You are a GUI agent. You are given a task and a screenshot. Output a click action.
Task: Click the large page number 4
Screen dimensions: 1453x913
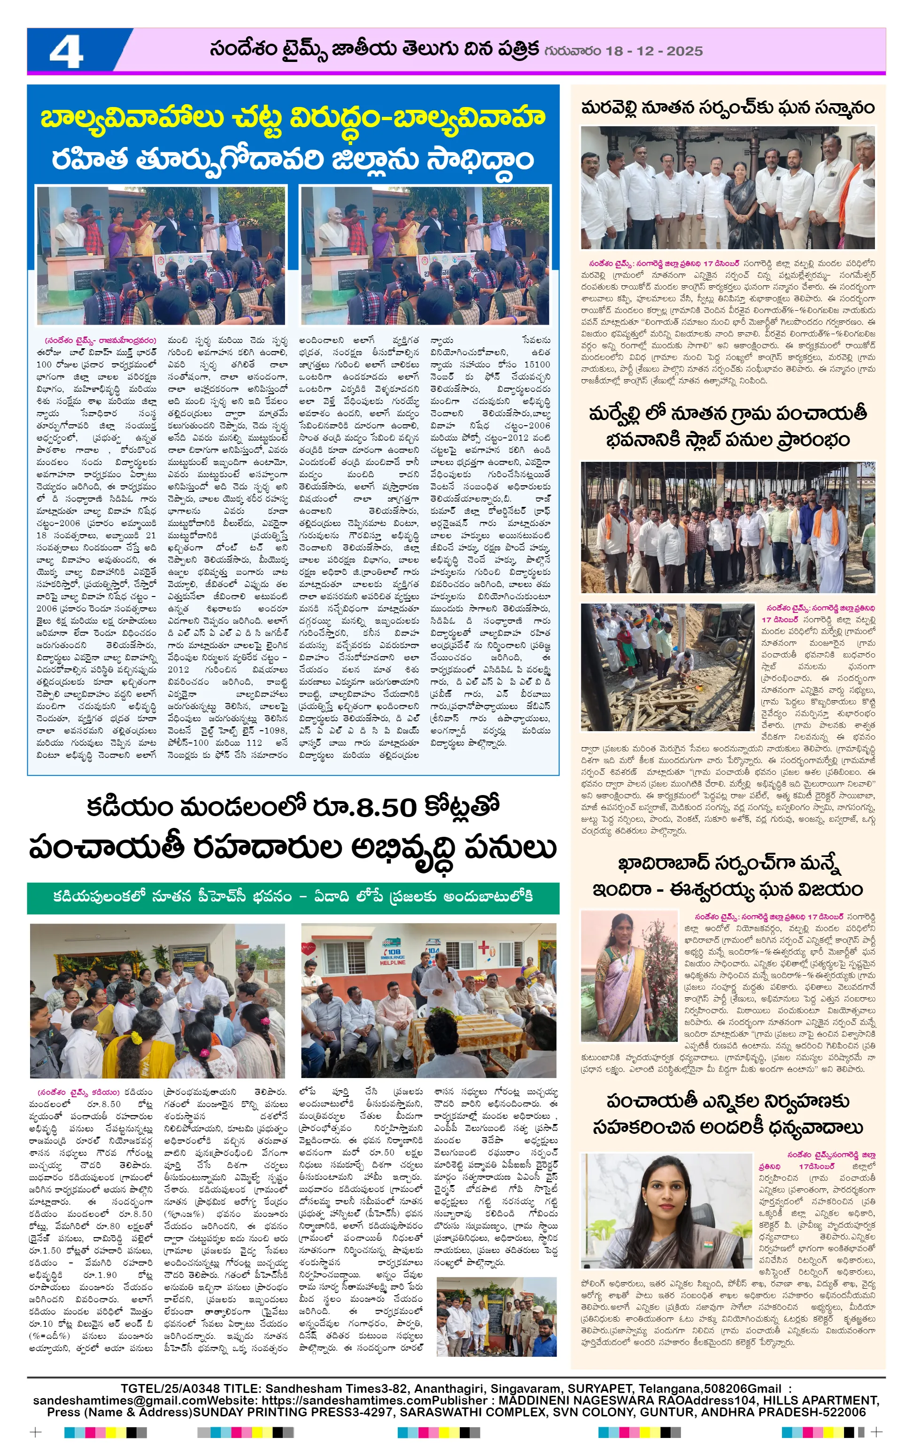[x=66, y=51]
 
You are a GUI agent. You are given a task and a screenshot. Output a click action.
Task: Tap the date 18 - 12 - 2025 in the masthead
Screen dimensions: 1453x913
[x=654, y=51]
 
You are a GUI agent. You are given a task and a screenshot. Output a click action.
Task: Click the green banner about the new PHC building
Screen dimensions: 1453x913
[x=293, y=897]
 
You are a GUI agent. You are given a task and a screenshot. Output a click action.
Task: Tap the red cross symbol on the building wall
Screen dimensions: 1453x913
[x=484, y=948]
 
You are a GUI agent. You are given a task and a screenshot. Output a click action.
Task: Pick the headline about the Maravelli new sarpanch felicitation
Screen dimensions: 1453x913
[x=727, y=107]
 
